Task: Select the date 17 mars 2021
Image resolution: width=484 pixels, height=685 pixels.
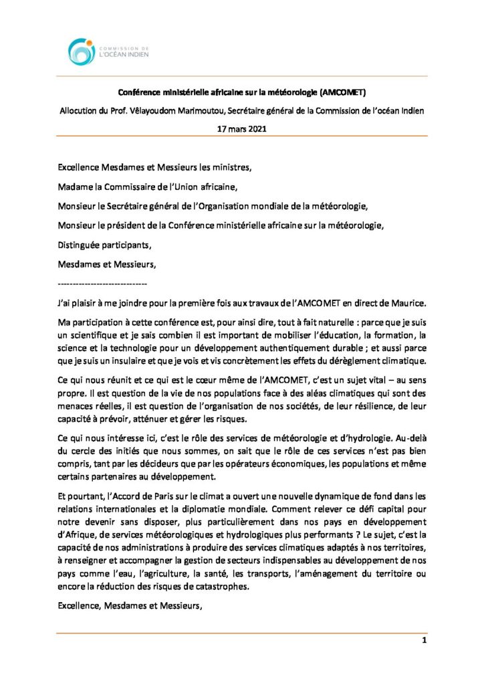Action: click(242, 128)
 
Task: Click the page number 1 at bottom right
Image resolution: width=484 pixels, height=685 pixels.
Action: click(424, 640)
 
